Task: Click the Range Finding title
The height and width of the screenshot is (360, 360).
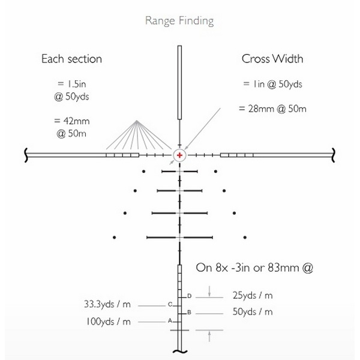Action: tap(179, 21)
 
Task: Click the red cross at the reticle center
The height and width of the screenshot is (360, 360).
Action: tap(180, 155)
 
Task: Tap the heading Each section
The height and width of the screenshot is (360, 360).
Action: tap(71, 59)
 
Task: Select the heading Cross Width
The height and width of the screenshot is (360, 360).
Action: tap(272, 59)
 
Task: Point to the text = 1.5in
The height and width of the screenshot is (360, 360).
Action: tap(71, 84)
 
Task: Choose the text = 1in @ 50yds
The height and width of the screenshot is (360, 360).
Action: tap(272, 84)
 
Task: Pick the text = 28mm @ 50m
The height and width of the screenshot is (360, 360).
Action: tap(272, 109)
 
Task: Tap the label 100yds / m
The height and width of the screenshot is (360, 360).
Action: tap(109, 321)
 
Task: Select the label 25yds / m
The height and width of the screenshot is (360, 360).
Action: tap(252, 295)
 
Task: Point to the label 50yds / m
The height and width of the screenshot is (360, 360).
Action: tap(252, 312)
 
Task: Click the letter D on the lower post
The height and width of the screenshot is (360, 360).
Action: tap(189, 296)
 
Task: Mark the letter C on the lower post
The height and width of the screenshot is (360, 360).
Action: tap(170, 304)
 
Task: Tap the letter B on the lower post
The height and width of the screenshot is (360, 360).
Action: tap(189, 313)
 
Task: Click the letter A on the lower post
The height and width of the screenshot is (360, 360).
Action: tap(170, 320)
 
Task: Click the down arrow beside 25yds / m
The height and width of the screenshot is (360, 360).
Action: tap(209, 292)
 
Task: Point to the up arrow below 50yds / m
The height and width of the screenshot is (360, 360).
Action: tap(209, 336)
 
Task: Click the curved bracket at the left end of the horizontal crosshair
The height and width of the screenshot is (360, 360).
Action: tap(25, 155)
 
